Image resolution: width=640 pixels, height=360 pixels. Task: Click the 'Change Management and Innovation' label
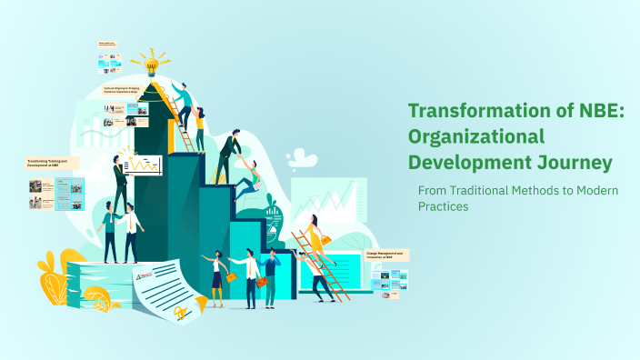[385, 255]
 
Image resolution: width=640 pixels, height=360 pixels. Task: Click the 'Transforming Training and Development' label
[52, 163]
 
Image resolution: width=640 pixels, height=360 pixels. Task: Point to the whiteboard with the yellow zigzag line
[143, 165]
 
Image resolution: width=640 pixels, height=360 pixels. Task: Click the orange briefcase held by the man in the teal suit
[262, 283]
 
